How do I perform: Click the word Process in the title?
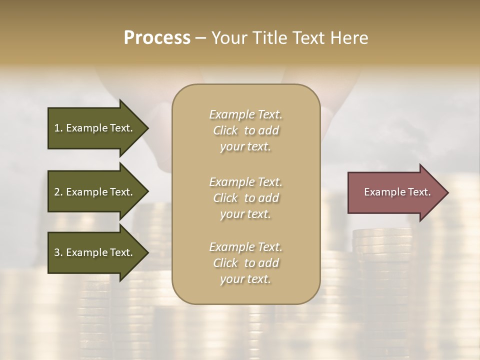[x=157, y=38]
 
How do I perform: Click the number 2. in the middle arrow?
[x=58, y=192]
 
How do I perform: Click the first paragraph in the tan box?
[x=245, y=130]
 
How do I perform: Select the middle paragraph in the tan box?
[x=245, y=197]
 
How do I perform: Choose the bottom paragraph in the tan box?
[x=245, y=263]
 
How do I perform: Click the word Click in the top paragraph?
[x=225, y=130]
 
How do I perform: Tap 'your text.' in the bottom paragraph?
[x=245, y=279]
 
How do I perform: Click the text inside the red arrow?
[x=397, y=192]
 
